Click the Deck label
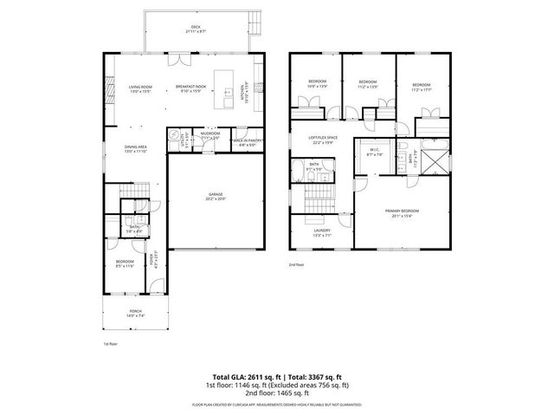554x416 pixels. point(195,29)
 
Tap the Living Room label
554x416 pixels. point(141,88)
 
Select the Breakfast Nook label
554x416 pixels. point(190,88)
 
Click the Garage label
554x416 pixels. point(215,196)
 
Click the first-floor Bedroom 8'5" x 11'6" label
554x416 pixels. point(126,264)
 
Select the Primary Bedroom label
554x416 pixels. point(403,213)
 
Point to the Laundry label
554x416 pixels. point(321,232)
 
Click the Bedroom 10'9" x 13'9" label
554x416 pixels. point(318,84)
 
